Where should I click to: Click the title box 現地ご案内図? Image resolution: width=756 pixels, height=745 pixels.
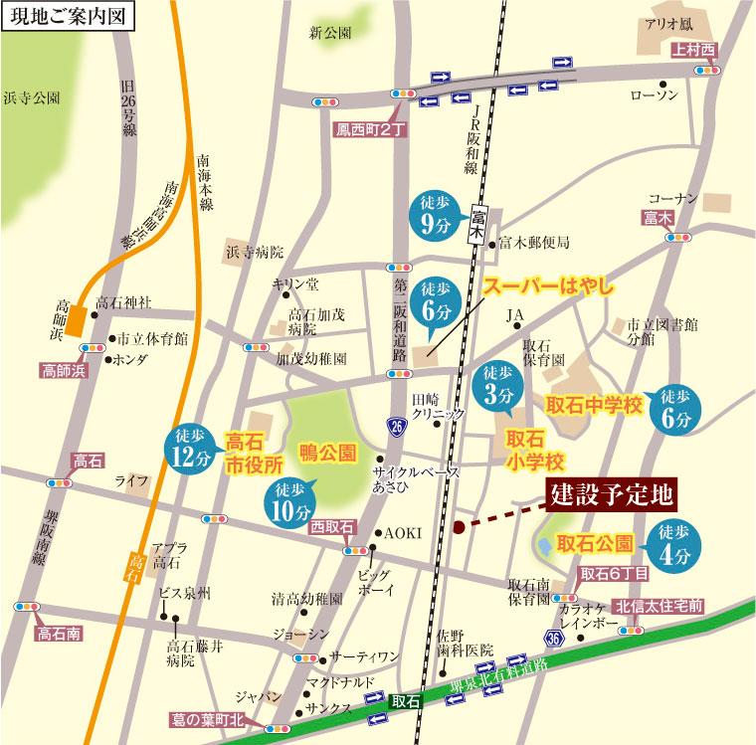tap(64, 18)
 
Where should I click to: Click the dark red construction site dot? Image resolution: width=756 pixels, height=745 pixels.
tap(458, 528)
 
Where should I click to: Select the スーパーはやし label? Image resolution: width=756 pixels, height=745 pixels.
tap(543, 288)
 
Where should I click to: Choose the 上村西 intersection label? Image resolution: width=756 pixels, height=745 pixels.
tap(693, 50)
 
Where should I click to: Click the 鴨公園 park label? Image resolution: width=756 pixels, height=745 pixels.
tap(327, 453)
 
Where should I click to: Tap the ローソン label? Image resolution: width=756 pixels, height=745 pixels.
tap(655, 94)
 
